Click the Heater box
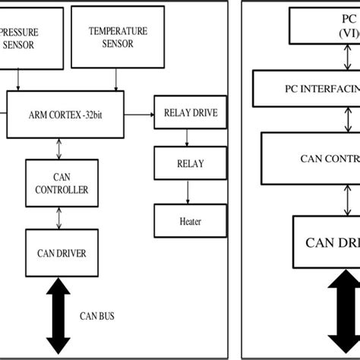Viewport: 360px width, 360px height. [190, 221]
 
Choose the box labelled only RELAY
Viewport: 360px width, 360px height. [190, 163]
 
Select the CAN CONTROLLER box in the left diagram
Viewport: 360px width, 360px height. [60, 182]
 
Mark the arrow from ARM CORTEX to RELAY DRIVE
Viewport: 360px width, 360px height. [140, 115]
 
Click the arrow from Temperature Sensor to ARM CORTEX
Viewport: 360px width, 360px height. [115, 78]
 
